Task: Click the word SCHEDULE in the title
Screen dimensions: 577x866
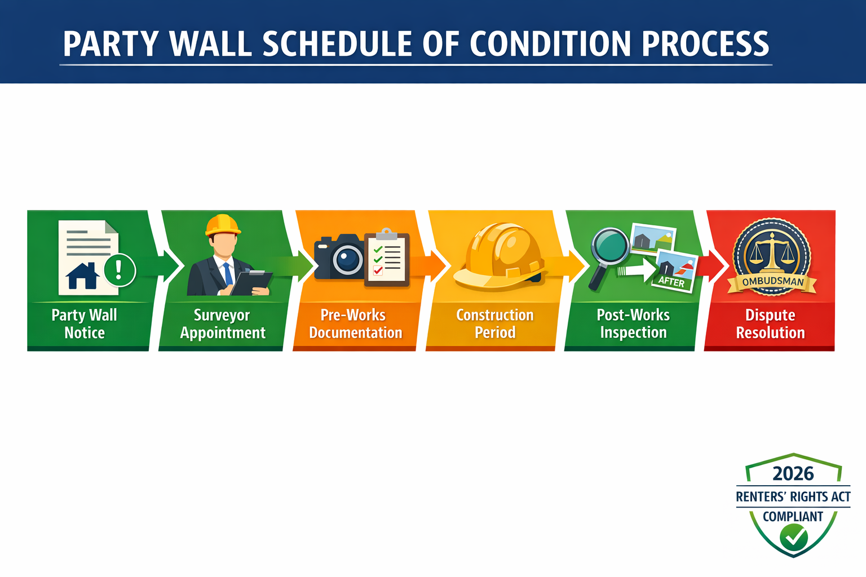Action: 337,44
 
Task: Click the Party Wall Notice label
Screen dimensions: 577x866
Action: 85,324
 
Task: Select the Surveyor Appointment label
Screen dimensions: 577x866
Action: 222,324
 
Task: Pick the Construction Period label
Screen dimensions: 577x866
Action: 494,324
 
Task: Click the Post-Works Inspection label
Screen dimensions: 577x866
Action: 633,324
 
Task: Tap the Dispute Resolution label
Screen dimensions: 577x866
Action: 770,324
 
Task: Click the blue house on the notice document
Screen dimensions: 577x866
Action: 82,276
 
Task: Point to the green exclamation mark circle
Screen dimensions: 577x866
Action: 119,270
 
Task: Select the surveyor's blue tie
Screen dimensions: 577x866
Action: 228,274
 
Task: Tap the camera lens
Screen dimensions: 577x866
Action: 347,259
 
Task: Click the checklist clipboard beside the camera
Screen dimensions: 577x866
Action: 387,258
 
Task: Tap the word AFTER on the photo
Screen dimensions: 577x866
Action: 671,281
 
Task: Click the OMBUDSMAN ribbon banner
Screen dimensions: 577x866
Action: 772,282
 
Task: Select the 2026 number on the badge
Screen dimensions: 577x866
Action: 793,474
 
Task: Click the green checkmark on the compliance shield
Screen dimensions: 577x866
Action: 794,538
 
